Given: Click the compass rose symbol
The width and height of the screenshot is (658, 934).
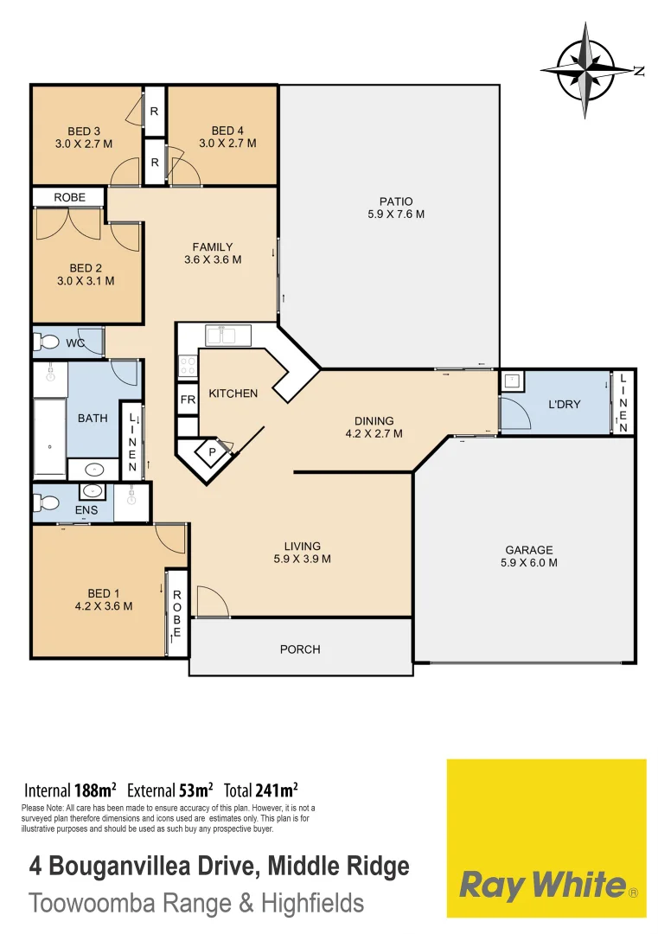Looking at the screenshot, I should (587, 70).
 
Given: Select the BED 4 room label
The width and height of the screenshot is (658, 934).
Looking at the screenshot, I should (227, 137).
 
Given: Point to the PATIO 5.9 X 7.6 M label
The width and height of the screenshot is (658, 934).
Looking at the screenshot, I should (395, 208).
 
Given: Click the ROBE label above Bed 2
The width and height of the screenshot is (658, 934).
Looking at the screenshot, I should (69, 197).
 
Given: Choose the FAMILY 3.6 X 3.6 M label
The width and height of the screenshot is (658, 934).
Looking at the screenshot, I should (213, 253).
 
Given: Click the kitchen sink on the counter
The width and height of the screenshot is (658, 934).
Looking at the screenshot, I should (227, 335).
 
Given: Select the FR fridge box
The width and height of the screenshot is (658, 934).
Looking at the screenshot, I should (188, 401).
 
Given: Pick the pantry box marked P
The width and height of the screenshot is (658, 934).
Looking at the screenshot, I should (211, 451).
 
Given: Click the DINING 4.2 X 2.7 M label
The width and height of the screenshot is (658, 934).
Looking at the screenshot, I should (374, 427).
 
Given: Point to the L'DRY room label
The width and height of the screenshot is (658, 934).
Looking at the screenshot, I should (563, 404).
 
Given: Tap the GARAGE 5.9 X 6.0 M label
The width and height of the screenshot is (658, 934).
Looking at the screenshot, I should (528, 555).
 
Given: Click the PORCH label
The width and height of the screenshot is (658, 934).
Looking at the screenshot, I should (300, 649).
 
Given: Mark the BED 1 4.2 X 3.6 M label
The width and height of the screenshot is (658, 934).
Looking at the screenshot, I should (104, 599).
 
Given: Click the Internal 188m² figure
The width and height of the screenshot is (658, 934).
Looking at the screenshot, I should (70, 790).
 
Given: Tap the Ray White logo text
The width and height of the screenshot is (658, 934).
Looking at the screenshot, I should (542, 886).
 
